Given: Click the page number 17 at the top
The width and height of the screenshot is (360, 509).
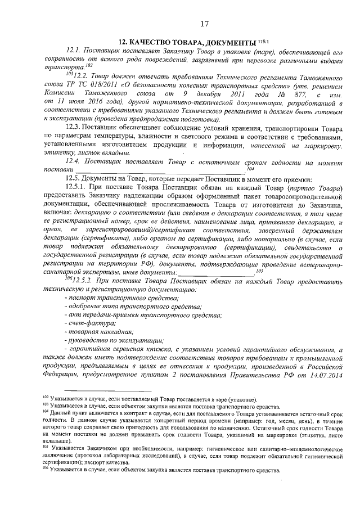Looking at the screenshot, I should [x=204, y=23].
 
